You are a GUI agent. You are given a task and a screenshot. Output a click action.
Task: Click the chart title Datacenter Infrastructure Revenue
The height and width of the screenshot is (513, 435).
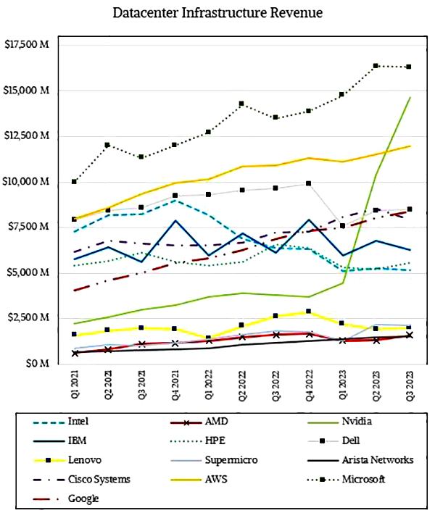(x=218, y=13)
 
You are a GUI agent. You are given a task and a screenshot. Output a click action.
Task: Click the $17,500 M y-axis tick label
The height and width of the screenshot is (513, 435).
(x=27, y=45)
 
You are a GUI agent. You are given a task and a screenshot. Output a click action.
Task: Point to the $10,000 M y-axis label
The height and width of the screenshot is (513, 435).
(x=27, y=182)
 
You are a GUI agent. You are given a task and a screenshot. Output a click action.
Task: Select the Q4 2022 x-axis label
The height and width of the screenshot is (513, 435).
(x=309, y=385)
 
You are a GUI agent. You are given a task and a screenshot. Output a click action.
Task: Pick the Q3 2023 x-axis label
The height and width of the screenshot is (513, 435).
(x=410, y=385)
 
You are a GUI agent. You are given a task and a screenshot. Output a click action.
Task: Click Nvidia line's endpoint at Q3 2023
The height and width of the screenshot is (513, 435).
(x=410, y=97)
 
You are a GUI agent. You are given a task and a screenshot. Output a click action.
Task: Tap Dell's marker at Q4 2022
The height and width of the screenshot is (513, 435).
(x=309, y=183)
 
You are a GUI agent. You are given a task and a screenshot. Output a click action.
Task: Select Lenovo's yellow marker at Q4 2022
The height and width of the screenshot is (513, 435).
(x=309, y=312)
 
